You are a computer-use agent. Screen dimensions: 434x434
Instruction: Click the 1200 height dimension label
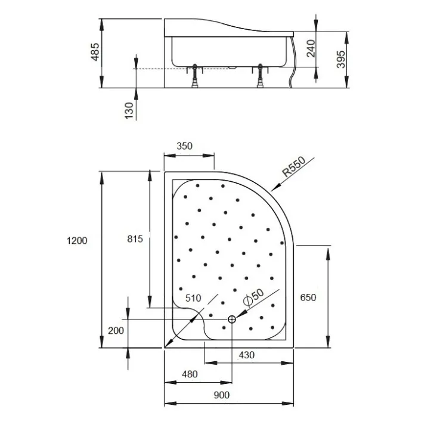pos(77,240)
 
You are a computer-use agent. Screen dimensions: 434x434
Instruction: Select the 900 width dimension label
pos(222,395)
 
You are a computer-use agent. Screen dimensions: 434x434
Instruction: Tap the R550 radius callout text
pos(294,166)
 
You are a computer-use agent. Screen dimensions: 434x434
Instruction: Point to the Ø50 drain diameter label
pos(253,297)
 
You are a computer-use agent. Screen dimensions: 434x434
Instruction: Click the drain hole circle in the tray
pos(232,320)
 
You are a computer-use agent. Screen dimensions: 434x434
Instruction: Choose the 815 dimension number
pos(135,239)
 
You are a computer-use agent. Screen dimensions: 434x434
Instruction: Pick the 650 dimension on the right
pos(308,297)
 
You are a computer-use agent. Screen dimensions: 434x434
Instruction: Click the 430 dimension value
pos(246,355)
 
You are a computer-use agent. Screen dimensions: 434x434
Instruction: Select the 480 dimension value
pos(190,374)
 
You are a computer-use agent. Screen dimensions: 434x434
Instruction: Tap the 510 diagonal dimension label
pos(193,298)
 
